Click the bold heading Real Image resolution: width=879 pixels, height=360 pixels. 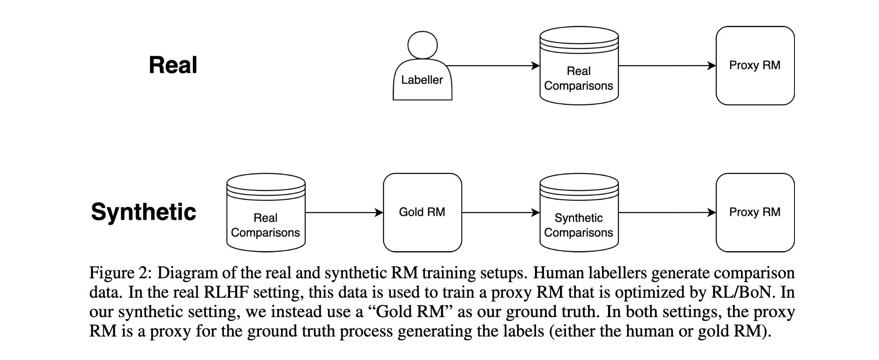173,65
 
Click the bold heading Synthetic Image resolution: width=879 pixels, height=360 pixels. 144,212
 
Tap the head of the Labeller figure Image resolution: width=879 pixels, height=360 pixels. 423,45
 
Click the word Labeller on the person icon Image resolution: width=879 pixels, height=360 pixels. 422,80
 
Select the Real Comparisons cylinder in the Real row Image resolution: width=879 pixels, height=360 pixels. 579,66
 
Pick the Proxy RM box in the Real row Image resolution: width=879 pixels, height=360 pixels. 755,66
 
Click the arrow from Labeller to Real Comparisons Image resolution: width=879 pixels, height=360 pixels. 493,66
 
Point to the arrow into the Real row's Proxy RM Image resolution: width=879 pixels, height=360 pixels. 668,66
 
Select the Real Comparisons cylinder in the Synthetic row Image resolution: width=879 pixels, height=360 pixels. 266,212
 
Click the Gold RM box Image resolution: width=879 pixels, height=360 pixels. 423,212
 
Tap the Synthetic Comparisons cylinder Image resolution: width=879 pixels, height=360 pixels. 579,212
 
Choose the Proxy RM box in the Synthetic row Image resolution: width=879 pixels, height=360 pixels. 755,212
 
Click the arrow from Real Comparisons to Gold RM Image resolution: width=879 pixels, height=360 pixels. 344,212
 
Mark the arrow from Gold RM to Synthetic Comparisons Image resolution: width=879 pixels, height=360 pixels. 501,212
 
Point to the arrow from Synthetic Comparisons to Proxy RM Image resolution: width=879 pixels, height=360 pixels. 668,212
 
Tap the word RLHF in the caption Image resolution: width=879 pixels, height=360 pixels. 227,292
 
